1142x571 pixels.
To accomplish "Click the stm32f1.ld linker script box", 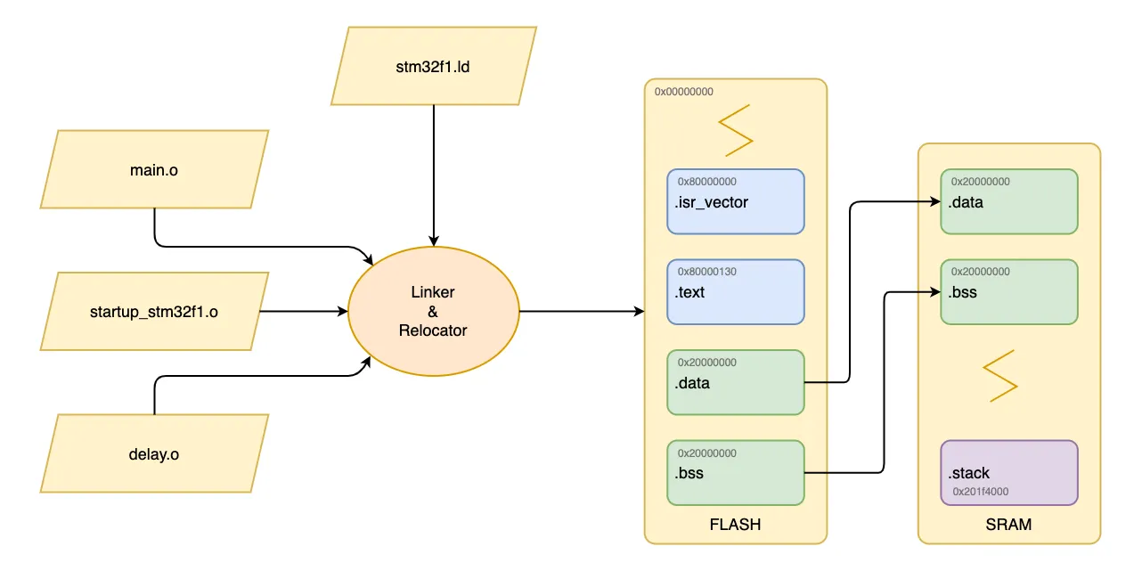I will (433, 66).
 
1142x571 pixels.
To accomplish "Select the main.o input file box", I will (154, 169).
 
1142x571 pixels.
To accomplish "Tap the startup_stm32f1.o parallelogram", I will (154, 312).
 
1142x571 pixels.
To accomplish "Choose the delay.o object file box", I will (154, 453).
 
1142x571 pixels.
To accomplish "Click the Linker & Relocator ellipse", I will (433, 311).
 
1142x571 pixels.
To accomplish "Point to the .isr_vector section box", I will (736, 202).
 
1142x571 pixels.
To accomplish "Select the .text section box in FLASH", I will (736, 292).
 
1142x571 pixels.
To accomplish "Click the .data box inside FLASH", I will (736, 383).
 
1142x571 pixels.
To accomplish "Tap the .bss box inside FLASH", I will (736, 473).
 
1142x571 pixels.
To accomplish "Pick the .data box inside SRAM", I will (1009, 202).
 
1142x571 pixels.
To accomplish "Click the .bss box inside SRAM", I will (1009, 292).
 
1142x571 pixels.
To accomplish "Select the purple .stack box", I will (1009, 472).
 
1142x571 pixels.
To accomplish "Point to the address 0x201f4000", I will (981, 491).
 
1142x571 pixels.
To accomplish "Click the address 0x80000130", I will (707, 272).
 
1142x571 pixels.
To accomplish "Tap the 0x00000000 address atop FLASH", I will (684, 91).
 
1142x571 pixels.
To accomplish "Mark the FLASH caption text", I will (735, 525).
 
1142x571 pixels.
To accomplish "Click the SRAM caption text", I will (1008, 525).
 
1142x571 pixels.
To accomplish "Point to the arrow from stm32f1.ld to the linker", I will (433, 174).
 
